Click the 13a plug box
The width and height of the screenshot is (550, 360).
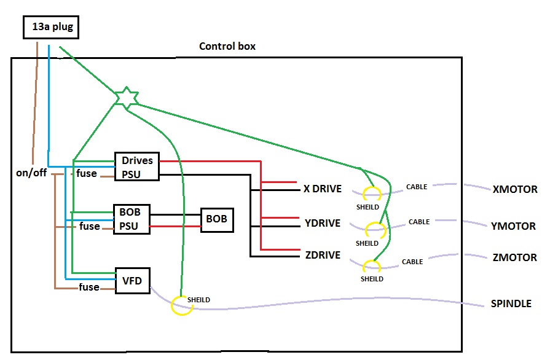tap(51, 27)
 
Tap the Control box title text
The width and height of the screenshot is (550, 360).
tap(227, 47)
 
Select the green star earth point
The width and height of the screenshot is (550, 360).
tap(126, 98)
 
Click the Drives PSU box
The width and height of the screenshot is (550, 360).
tap(137, 166)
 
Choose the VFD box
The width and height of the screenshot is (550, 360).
tap(133, 281)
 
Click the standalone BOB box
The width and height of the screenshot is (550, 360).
tap(217, 219)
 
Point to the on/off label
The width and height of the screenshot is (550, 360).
tap(31, 173)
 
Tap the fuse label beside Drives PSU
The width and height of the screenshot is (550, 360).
tap(86, 173)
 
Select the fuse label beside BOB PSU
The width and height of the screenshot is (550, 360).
tap(90, 226)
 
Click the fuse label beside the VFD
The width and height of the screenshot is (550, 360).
tap(89, 287)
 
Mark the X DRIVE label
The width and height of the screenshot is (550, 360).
tap(323, 189)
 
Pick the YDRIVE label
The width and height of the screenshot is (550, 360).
tap(323, 222)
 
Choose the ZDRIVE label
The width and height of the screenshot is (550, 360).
tap(323, 255)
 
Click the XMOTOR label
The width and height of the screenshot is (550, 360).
tap(515, 190)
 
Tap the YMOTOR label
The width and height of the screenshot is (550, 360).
tap(514, 226)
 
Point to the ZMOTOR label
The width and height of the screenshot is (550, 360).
tap(514, 257)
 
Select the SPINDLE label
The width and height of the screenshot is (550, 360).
tap(511, 303)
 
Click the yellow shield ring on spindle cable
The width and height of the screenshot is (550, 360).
tap(182, 305)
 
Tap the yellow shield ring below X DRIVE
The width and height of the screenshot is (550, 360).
tap(371, 194)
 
